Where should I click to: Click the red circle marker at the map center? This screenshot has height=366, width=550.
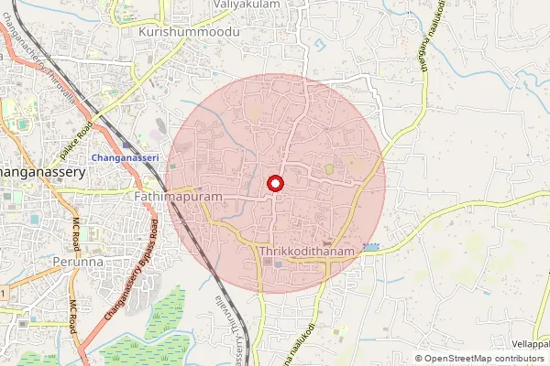274,184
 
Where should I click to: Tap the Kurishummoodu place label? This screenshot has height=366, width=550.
189,31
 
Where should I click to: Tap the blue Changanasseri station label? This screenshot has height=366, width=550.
126,157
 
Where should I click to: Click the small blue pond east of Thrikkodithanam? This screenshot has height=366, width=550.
371,248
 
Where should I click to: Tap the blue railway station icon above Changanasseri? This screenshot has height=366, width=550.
126,145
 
